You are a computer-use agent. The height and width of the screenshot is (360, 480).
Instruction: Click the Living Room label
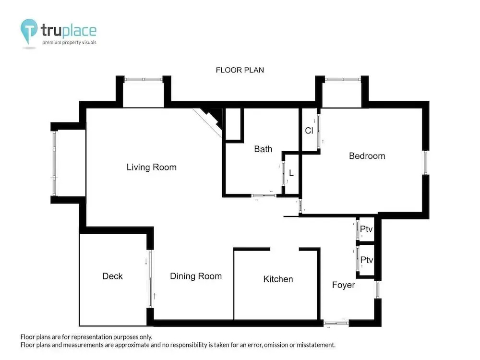(152, 167)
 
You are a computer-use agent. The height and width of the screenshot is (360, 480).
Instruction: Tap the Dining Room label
(196, 276)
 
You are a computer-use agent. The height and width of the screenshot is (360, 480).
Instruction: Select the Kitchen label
(278, 279)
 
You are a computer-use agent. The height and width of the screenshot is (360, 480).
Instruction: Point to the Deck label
(112, 276)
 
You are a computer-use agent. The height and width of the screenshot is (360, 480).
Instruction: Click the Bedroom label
(367, 156)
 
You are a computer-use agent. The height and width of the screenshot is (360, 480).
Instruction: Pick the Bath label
(263, 149)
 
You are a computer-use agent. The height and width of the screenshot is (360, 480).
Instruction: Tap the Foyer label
(344, 285)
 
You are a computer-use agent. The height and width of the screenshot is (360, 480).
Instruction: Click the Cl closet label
(309, 131)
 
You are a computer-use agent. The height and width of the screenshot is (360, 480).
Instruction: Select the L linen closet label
(291, 173)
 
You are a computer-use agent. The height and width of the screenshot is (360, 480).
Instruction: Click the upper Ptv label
(366, 229)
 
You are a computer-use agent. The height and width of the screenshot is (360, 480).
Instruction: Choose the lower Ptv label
(366, 260)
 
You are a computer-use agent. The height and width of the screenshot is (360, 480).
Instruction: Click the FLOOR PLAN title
(240, 70)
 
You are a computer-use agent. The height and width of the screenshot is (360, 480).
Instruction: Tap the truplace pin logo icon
(29, 31)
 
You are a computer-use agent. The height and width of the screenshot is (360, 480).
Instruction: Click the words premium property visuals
(69, 43)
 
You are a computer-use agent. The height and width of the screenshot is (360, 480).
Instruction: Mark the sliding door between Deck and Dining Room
(150, 279)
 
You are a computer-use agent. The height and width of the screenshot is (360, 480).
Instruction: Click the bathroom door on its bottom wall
(264, 195)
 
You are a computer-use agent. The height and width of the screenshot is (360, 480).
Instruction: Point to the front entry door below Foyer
(336, 323)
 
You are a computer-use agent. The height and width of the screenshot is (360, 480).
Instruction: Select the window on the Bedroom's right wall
(425, 162)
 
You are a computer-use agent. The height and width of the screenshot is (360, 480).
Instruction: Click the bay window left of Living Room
(54, 163)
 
